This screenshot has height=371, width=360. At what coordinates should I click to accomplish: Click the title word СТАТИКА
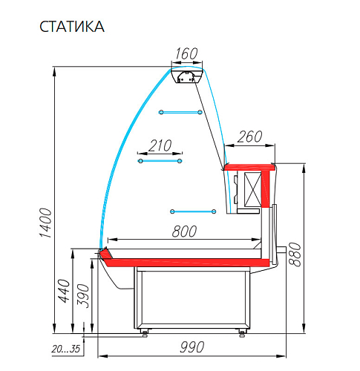[72, 27]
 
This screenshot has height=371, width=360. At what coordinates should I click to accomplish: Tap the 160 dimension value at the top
[186, 53]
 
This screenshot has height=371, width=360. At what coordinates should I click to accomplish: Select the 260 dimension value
[249, 137]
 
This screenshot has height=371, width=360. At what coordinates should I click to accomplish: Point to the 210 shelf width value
[160, 145]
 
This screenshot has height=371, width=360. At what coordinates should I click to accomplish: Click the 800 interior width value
[184, 232]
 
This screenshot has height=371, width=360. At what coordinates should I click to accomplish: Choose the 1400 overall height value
[46, 223]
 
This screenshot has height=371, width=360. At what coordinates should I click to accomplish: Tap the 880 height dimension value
[295, 255]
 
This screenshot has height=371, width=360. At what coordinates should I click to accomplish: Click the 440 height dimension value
[64, 291]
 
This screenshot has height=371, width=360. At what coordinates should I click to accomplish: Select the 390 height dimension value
[83, 296]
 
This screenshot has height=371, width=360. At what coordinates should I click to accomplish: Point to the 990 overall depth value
[192, 347]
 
